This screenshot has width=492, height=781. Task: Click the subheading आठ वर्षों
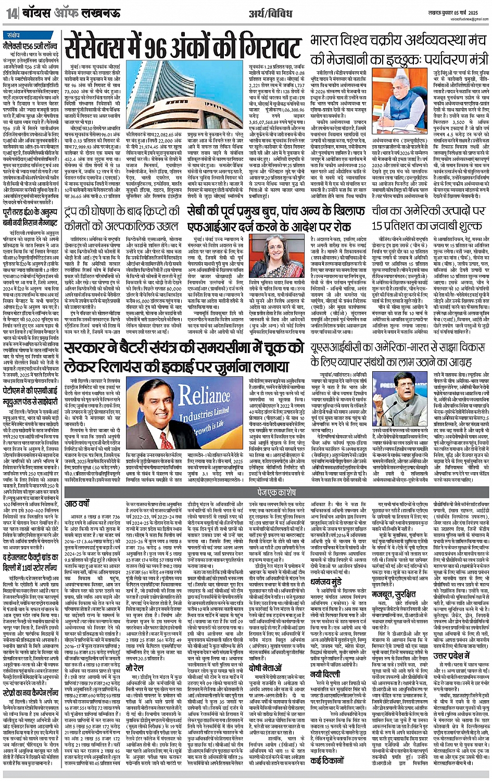pos(77,504)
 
